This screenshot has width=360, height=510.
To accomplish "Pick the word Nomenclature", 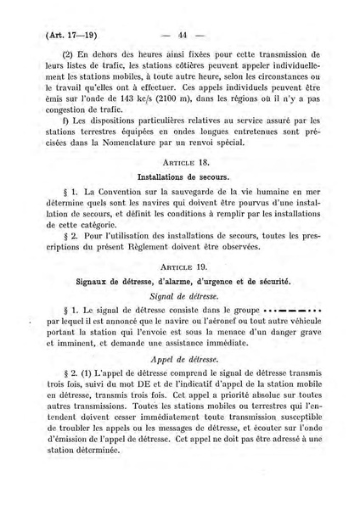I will [166, 168].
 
